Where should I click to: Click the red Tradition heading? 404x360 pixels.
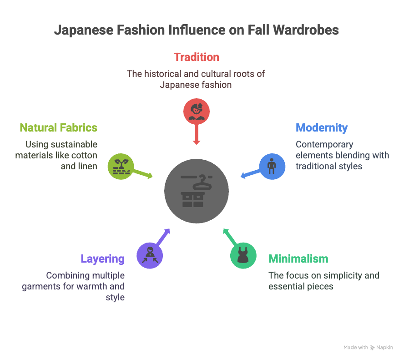[196, 57]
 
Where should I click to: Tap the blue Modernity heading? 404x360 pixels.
[321, 128]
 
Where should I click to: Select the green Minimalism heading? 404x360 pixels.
[298, 259]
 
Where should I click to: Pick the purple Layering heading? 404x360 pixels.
[102, 259]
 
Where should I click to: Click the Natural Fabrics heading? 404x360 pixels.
[58, 128]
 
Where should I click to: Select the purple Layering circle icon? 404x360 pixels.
[150, 255]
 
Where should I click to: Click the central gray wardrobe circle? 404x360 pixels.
[197, 192]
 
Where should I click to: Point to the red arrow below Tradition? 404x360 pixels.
[197, 134]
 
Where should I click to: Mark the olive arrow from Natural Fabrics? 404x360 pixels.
[143, 173]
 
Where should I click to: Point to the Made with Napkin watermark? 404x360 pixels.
[368, 347]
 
